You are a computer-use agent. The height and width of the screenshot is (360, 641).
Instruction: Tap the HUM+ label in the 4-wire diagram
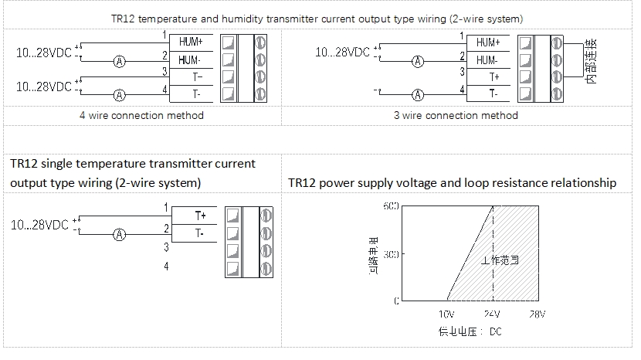[189, 42]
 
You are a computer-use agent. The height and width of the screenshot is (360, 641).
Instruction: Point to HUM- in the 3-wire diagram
[487, 59]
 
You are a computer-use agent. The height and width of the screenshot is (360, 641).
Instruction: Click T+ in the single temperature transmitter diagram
[199, 215]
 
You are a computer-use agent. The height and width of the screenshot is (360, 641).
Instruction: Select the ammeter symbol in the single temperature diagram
[119, 233]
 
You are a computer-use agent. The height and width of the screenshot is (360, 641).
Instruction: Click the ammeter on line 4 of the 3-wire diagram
[418, 95]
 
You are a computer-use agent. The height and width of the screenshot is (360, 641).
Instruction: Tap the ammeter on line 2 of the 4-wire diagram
[119, 60]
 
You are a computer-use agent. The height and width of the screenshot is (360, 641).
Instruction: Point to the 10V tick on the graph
[446, 314]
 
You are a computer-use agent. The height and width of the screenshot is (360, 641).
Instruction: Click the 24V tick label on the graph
[492, 314]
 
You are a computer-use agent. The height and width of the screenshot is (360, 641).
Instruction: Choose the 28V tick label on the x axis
[537, 314]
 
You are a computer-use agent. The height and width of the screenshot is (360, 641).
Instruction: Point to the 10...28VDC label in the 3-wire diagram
[343, 53]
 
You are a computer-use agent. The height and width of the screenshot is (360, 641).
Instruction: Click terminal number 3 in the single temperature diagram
[166, 247]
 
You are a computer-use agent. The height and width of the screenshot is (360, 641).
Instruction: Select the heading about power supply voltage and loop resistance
[452, 183]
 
